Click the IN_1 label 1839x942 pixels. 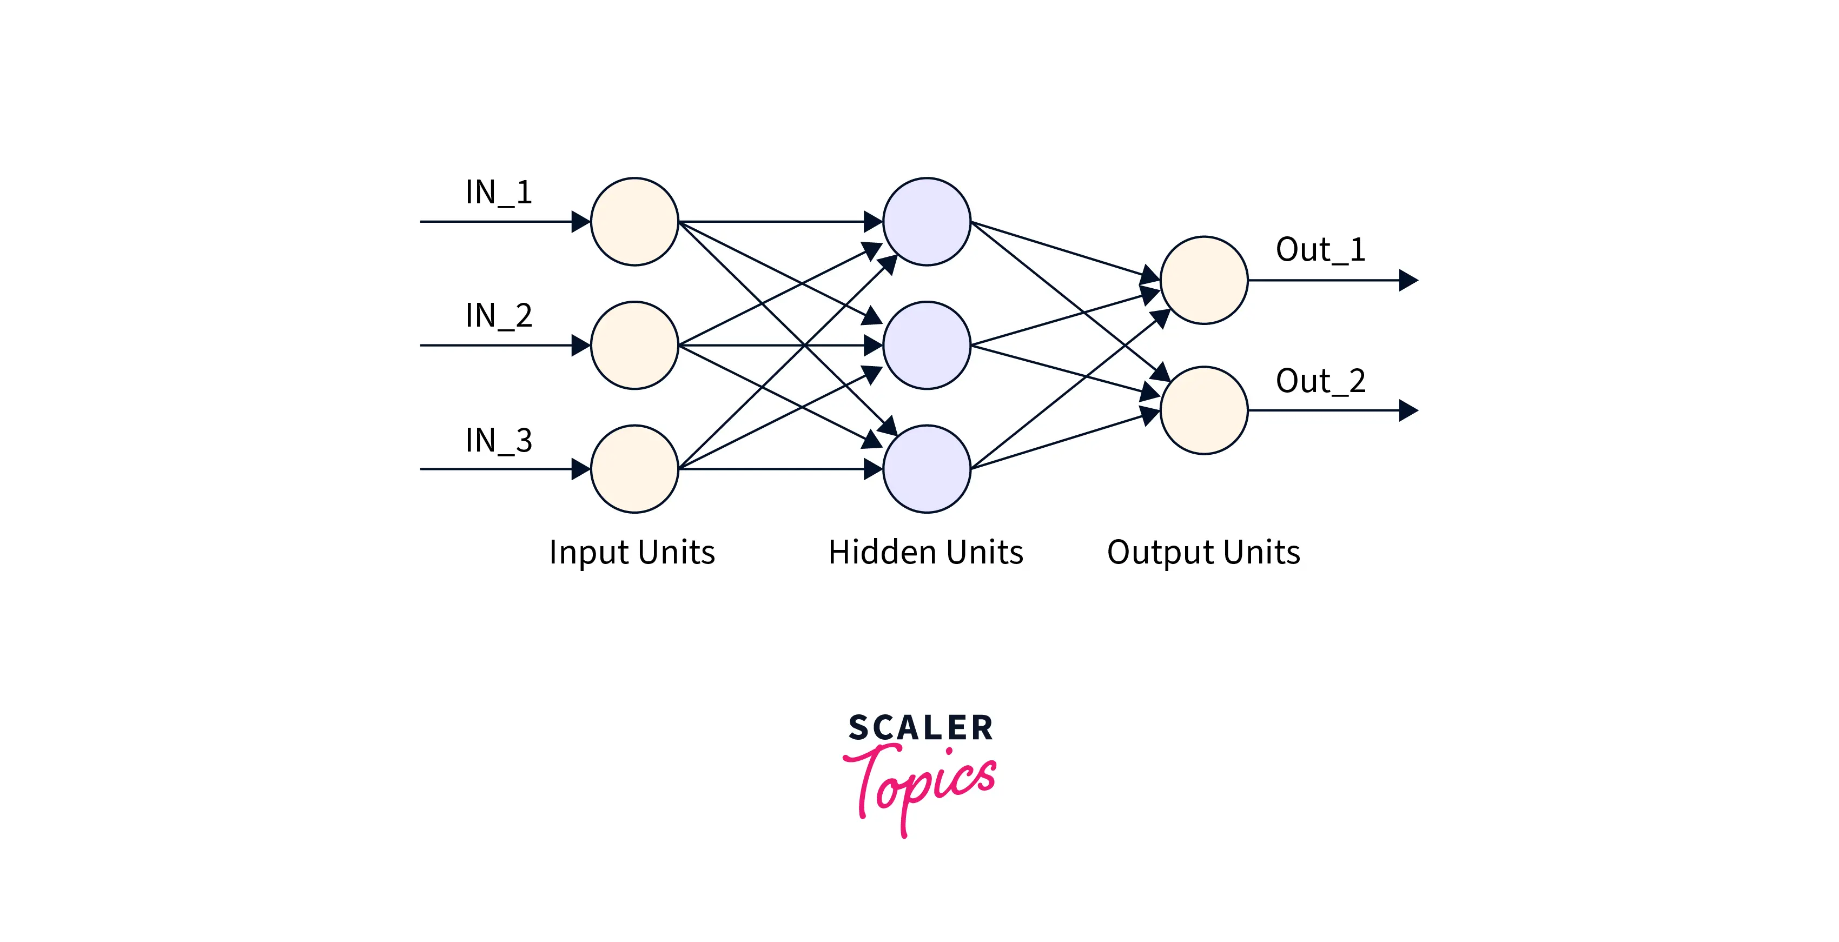[498, 192]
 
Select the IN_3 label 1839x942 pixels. [498, 440]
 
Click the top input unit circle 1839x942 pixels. [634, 222]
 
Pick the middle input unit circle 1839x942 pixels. [634, 346]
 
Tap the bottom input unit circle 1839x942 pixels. [634, 469]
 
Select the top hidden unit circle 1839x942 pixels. [926, 222]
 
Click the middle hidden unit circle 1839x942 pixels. [926, 346]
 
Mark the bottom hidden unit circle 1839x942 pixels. [926, 469]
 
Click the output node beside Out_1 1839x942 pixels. [1203, 281]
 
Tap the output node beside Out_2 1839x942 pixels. [1203, 410]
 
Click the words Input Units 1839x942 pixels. [632, 552]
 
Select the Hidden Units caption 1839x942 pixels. [925, 552]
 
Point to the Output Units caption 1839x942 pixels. [1203, 552]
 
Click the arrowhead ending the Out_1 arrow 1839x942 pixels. [1408, 281]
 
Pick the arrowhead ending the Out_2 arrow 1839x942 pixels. [1408, 410]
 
